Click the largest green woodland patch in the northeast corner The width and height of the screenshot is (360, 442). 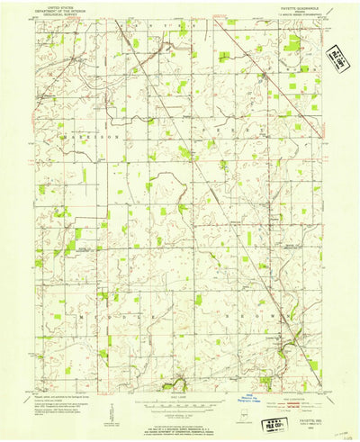coord(292,43)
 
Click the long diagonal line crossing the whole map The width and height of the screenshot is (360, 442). coord(207,180)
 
